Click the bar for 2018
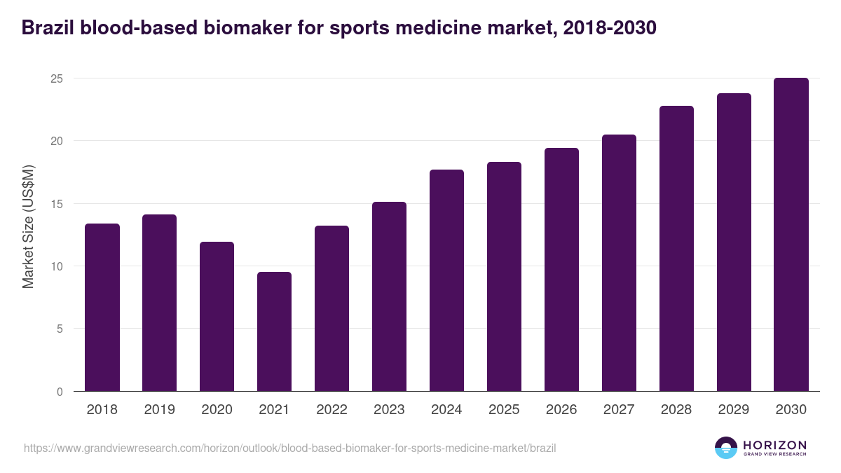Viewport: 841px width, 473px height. [x=102, y=308]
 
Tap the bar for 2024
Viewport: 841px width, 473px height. [x=446, y=280]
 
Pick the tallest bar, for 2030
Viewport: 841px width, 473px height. [x=791, y=235]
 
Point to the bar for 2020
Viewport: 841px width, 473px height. [x=217, y=317]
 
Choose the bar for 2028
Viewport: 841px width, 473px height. [x=676, y=249]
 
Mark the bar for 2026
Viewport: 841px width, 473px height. [x=561, y=270]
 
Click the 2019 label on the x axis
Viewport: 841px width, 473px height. [x=159, y=410]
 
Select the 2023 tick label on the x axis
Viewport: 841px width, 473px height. [x=389, y=410]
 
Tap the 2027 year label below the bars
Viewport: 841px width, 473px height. [x=619, y=410]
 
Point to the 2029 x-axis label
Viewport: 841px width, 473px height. [x=734, y=410]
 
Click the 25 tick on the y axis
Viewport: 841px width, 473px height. [x=57, y=78]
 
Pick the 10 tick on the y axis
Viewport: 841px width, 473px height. [x=57, y=266]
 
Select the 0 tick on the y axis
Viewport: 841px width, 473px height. [x=60, y=392]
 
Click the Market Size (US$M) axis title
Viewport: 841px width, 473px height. [x=28, y=227]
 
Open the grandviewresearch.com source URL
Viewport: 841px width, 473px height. [x=289, y=448]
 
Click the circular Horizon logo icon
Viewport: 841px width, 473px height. [x=726, y=448]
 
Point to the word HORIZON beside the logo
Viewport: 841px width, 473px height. [x=775, y=444]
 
